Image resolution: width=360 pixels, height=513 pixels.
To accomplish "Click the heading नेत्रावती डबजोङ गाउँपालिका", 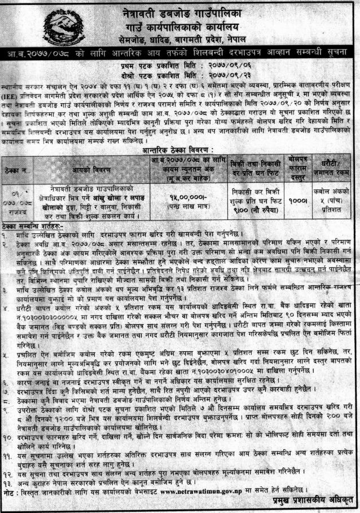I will click(186, 12).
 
